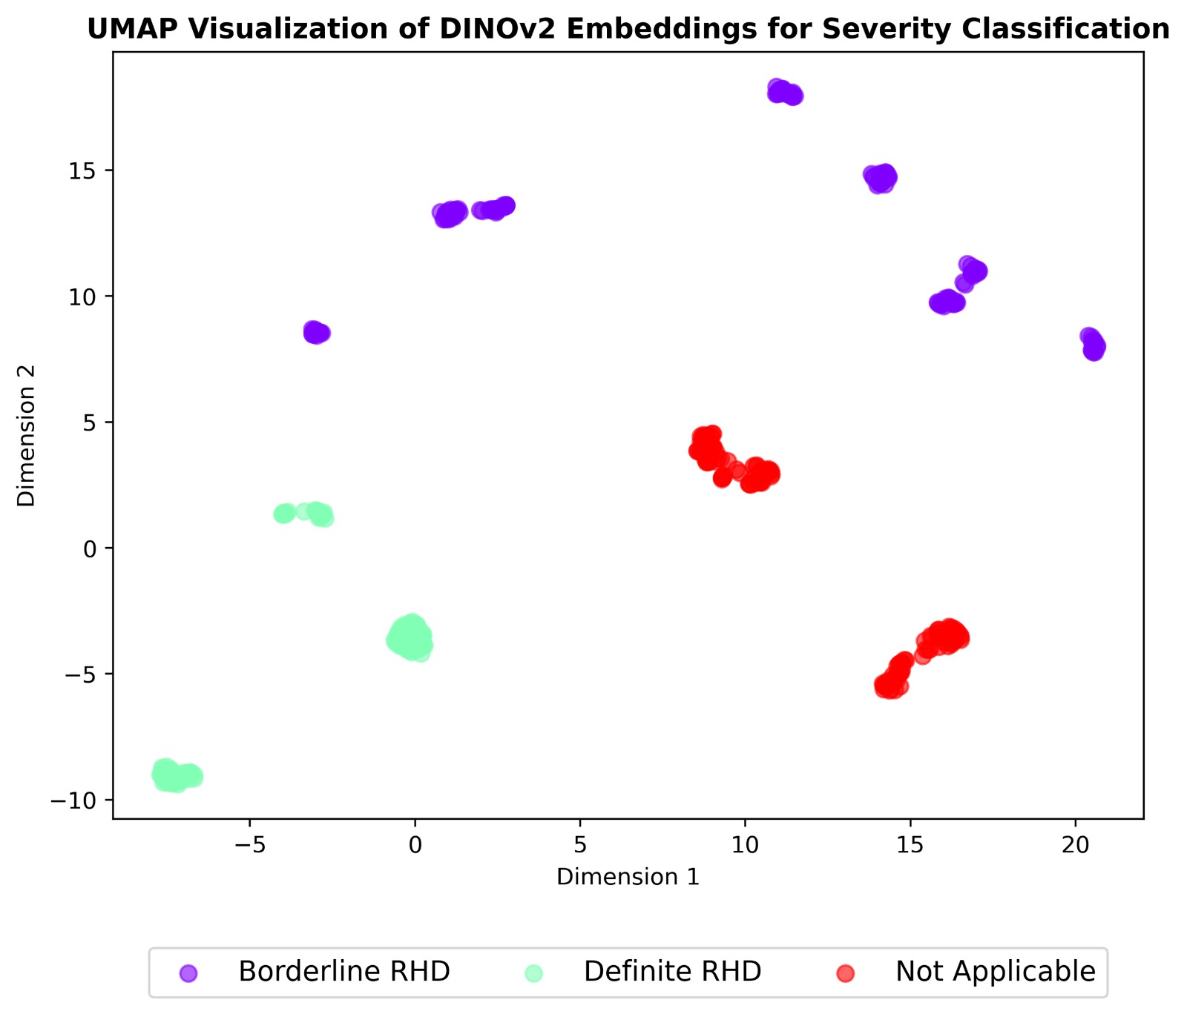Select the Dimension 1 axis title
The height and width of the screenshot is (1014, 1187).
[x=628, y=878]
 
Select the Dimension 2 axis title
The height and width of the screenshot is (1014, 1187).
[x=27, y=435]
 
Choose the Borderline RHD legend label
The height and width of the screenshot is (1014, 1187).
[x=344, y=972]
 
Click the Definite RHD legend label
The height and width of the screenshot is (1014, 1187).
[x=672, y=972]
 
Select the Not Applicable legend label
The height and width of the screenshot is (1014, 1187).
[x=995, y=972]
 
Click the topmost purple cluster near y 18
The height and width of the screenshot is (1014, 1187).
[x=784, y=93]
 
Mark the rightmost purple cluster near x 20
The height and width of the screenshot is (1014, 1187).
[x=1093, y=344]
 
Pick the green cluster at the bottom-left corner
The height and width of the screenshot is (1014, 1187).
[x=176, y=776]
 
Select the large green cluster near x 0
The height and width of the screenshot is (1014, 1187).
[x=410, y=637]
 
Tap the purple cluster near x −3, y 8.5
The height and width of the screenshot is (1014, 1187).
[x=316, y=333]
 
